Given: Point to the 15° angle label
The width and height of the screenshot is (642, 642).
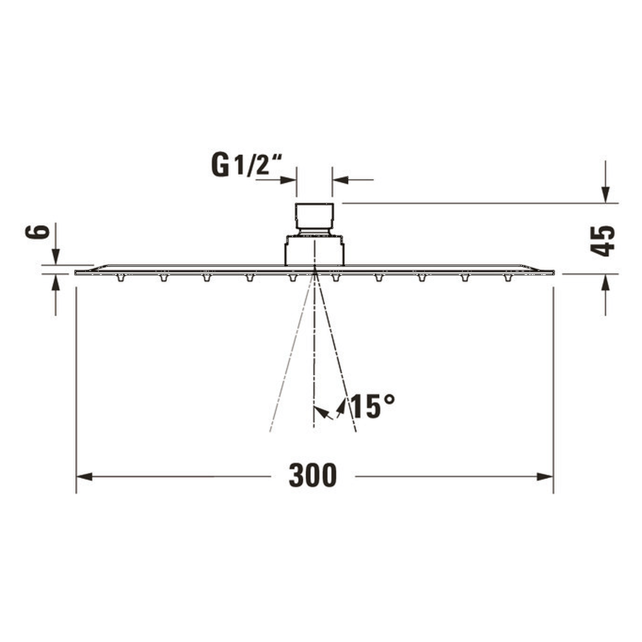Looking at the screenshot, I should pyautogui.click(x=373, y=406).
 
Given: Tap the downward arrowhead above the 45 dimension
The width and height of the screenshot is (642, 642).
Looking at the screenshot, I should pyautogui.click(x=605, y=194).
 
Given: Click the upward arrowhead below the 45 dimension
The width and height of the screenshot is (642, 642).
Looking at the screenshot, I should pyautogui.click(x=605, y=282).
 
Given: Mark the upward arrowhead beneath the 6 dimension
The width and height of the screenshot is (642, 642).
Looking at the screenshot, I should pyautogui.click(x=56, y=282).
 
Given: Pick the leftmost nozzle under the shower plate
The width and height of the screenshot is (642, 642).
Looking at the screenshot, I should pyautogui.click(x=120, y=278).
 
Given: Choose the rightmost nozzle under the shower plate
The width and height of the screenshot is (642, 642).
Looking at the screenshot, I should pyautogui.click(x=508, y=278).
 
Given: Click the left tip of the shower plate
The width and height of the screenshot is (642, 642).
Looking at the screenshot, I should pyautogui.click(x=76, y=272).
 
